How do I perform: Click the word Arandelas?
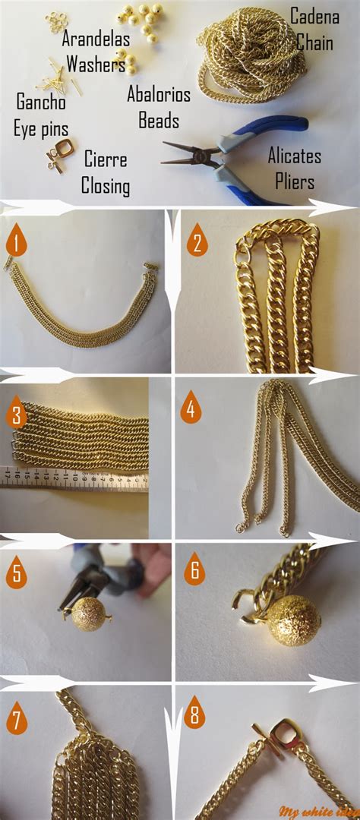[96, 38]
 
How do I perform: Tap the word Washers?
[96, 64]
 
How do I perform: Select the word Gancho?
[41, 102]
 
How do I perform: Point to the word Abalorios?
[159, 95]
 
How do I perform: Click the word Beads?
[159, 120]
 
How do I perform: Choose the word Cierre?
[106, 160]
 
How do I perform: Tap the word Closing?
[106, 186]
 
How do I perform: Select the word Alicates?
[294, 156]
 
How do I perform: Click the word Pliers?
[294, 182]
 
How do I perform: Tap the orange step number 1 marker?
[14, 241]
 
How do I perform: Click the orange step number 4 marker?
[191, 410]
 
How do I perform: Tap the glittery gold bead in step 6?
[292, 620]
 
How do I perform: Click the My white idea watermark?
[317, 809]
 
